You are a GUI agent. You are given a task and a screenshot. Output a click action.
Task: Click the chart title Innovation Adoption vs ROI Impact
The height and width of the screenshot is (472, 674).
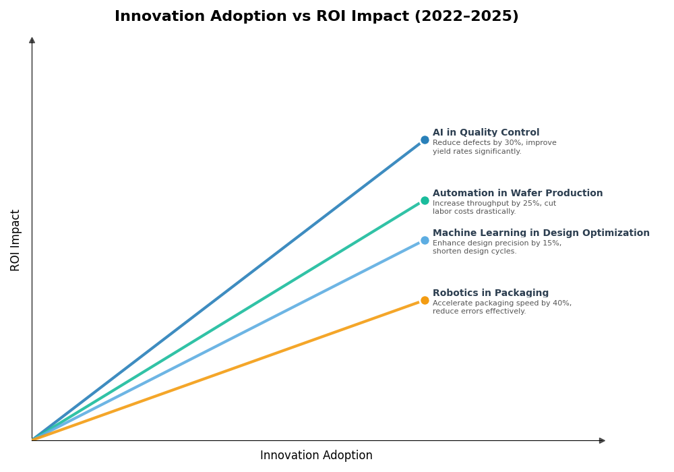pyautogui.click(x=316, y=17)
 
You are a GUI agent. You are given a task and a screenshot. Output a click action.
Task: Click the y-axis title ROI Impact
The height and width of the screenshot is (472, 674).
pyautogui.click(x=16, y=240)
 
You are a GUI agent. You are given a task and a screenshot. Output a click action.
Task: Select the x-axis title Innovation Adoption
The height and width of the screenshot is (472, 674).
pyautogui.click(x=316, y=456)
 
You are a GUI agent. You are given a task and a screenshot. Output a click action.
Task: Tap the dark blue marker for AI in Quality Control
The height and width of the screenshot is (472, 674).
pyautogui.click(x=425, y=140)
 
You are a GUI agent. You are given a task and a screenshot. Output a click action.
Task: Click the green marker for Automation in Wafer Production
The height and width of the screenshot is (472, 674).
pyautogui.click(x=425, y=200)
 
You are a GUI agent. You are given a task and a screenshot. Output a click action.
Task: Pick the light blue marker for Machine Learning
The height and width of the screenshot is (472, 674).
pyautogui.click(x=425, y=241)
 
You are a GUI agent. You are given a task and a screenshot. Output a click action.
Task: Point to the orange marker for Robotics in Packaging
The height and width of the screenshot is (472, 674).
pyautogui.click(x=425, y=301)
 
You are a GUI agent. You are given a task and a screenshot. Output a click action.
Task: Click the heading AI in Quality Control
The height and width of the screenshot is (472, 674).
pyautogui.click(x=486, y=133)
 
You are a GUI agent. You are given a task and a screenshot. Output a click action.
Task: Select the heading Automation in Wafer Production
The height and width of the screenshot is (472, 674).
pyautogui.click(x=518, y=194)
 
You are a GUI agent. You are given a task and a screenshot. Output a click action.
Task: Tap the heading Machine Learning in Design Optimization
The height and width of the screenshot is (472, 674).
pyautogui.click(x=541, y=233)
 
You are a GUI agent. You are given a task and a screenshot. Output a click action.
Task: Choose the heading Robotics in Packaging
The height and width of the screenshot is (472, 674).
pyautogui.click(x=491, y=293)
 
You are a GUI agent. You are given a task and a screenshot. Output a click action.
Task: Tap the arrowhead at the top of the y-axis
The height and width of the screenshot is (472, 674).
pyautogui.click(x=32, y=40)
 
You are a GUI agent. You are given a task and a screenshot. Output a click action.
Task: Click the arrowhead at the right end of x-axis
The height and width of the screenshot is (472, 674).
pyautogui.click(x=602, y=440)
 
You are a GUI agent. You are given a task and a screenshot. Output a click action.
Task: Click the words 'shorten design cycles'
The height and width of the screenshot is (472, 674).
pyautogui.click(x=474, y=252)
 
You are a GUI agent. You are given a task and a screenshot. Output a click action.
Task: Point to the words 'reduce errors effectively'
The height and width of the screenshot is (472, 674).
pyautogui.click(x=479, y=312)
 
